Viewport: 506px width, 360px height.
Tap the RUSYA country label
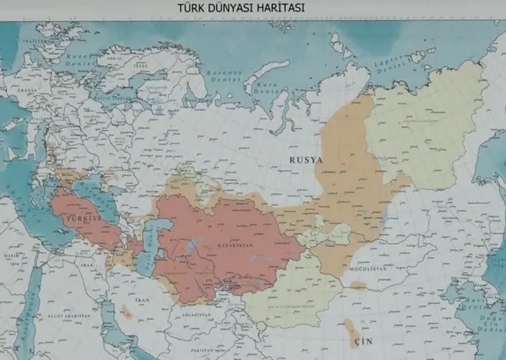click(x=305, y=159)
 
